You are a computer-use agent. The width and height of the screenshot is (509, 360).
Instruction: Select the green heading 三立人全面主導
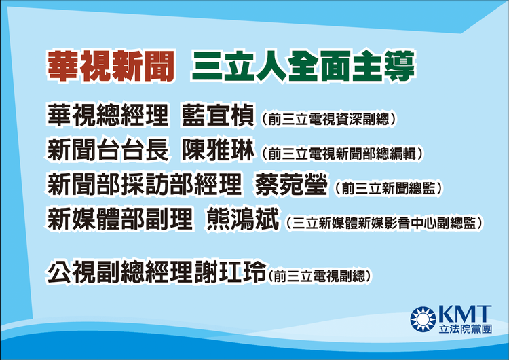click(x=303, y=67)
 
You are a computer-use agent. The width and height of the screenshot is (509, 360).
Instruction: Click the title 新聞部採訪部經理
click(x=145, y=185)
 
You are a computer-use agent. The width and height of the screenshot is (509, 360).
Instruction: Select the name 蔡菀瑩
click(x=292, y=185)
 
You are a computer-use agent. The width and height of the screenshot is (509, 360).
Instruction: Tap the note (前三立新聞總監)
click(x=385, y=188)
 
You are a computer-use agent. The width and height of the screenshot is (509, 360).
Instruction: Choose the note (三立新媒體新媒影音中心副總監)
click(x=384, y=222)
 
